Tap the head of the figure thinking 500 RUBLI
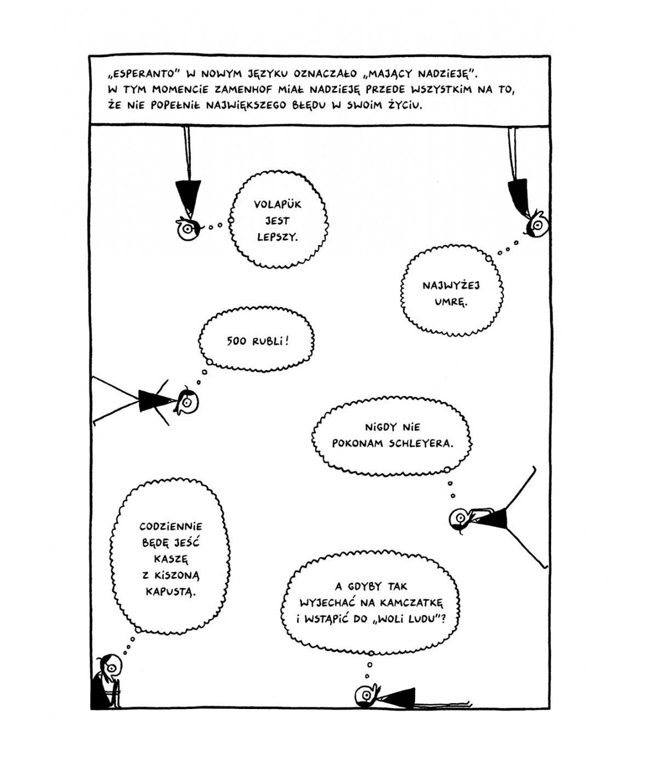[186, 403]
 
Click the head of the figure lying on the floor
[365, 695]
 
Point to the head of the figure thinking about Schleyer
[460, 517]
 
